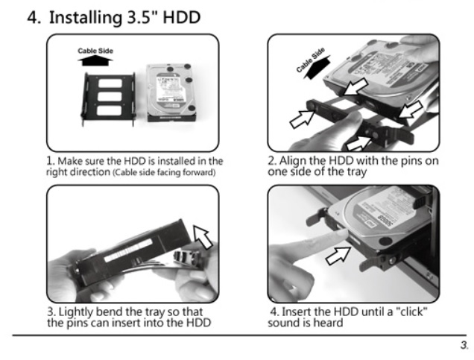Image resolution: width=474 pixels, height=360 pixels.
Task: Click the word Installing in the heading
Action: pos(86,18)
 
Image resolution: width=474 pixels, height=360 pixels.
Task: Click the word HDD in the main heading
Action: pos(182,17)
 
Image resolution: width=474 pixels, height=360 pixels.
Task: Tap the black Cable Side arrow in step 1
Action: pos(95,61)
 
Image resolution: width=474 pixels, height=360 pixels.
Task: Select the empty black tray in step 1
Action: pos(108,98)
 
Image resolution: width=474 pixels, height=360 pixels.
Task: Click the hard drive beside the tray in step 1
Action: pos(171,93)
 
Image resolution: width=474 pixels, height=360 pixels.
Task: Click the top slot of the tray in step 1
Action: pos(110,83)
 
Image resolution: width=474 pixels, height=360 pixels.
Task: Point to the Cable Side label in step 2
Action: pos(311,60)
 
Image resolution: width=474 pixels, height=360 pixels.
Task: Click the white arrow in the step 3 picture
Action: pos(203,236)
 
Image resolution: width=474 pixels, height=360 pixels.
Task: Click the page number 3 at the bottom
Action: pos(464,345)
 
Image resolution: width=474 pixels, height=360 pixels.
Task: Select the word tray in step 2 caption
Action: pos(357,172)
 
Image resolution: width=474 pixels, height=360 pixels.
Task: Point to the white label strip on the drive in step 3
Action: pos(128,250)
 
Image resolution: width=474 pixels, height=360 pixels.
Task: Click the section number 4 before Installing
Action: pos(34,18)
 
